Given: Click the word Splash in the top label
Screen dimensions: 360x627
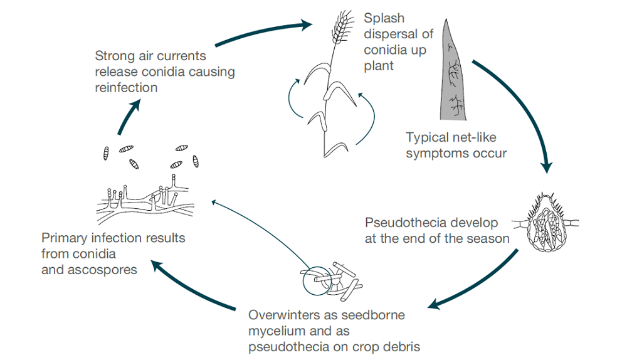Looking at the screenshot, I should coord(384,18).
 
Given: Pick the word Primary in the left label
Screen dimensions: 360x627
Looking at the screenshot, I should coord(63,239).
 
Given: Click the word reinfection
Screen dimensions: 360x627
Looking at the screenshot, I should coord(126,87).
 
